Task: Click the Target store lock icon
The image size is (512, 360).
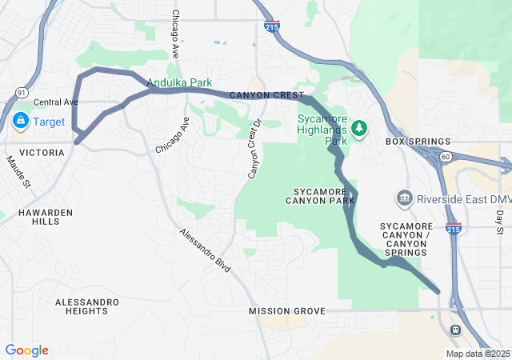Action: click(x=19, y=122)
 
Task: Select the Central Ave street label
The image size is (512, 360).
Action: click(x=56, y=102)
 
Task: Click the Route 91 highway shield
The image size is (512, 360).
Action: click(x=22, y=94)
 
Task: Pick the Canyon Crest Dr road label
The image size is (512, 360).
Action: click(x=254, y=149)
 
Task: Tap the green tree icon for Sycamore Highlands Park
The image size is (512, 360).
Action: click(x=359, y=127)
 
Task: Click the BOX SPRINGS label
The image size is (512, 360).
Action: click(x=418, y=142)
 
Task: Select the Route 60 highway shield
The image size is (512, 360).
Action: click(x=446, y=157)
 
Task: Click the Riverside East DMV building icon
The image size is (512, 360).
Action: click(x=405, y=198)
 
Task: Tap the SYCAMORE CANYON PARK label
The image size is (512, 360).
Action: click(x=319, y=196)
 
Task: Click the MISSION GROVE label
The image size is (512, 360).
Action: click(x=286, y=310)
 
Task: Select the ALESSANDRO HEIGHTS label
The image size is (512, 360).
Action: click(x=87, y=307)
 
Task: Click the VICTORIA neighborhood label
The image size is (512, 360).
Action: click(x=42, y=152)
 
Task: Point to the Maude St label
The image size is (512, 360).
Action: click(x=18, y=172)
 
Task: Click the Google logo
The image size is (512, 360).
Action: click(x=26, y=350)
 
